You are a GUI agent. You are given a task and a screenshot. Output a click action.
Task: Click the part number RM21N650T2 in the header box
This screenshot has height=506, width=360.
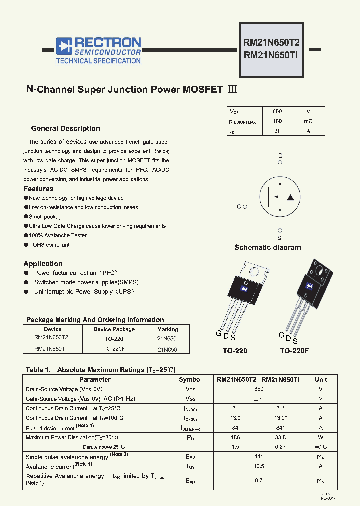point(271,43)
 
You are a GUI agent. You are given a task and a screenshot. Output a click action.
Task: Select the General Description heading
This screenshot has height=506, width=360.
point(65,128)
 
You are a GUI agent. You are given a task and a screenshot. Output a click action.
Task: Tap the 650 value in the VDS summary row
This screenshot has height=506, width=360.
point(277,112)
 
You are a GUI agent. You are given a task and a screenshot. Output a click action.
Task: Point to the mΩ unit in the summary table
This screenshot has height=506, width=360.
point(308,121)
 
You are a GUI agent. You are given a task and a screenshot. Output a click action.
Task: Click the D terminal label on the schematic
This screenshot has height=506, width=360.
point(280,156)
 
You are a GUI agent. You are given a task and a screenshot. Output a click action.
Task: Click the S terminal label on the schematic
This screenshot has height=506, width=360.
point(279,238)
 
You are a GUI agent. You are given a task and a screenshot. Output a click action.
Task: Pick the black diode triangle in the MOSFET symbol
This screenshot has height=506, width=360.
point(291,197)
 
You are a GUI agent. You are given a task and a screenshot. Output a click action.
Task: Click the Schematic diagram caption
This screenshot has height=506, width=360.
point(268,247)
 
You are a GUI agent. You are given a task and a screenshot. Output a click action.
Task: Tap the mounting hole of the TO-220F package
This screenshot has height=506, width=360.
point(318,271)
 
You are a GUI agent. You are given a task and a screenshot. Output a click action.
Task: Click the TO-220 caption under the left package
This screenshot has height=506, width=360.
point(235,351)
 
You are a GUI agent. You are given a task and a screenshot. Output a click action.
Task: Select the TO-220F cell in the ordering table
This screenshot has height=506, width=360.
point(114,349)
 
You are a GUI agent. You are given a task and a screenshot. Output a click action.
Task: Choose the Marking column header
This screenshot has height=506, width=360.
point(167,329)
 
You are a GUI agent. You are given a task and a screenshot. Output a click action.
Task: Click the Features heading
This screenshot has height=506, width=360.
point(38,189)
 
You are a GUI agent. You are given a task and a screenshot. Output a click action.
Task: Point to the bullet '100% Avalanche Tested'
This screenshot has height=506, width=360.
point(58,235)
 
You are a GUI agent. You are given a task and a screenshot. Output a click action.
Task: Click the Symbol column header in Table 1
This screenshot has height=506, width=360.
point(190,380)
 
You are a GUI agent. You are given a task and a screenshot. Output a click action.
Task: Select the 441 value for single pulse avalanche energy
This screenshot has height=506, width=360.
point(259,457)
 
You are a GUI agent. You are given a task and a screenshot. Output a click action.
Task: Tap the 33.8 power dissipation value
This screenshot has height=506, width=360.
point(280,437)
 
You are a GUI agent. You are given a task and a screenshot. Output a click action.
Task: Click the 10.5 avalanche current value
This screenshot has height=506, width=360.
point(259,466)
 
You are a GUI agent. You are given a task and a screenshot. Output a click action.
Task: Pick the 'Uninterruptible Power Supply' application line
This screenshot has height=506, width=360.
point(84,292)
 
